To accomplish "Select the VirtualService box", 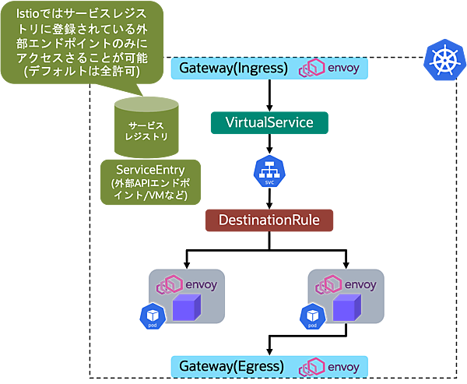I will [269, 123].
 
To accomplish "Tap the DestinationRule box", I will [269, 220].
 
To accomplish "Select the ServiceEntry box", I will [150, 182].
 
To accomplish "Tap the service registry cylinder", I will [146, 127].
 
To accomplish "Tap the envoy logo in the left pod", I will [188, 284].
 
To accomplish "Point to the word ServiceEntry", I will [150, 171].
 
